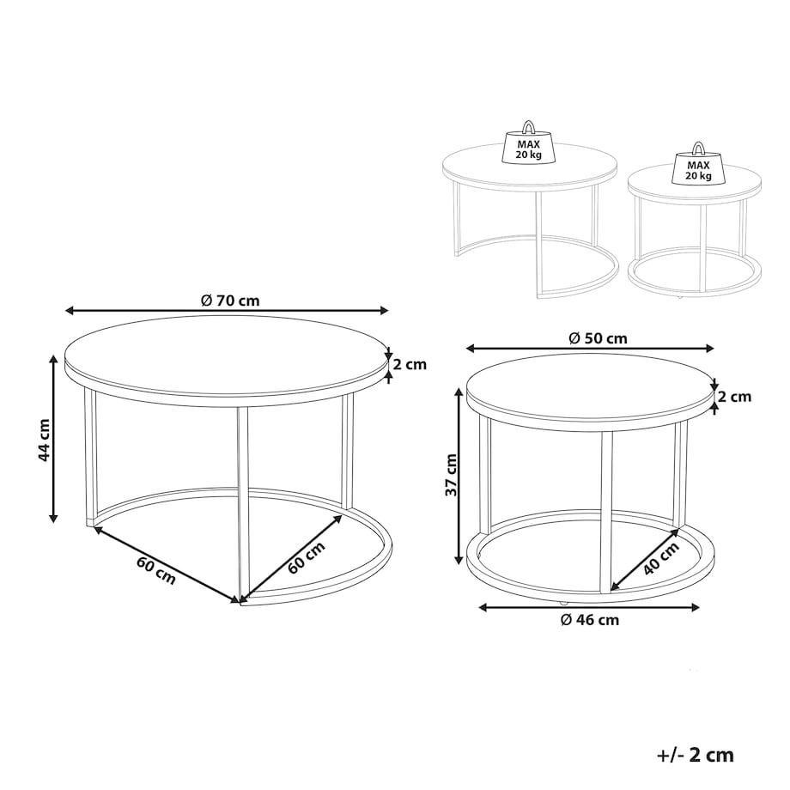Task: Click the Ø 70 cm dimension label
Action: click(230, 301)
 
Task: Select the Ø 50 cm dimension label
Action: click(598, 338)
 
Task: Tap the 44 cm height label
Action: click(45, 440)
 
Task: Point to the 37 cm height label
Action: click(451, 475)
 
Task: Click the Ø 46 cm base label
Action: click(589, 620)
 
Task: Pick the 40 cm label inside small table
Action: click(661, 558)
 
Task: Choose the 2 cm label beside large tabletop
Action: click(410, 364)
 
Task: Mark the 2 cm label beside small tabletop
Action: click(734, 397)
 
